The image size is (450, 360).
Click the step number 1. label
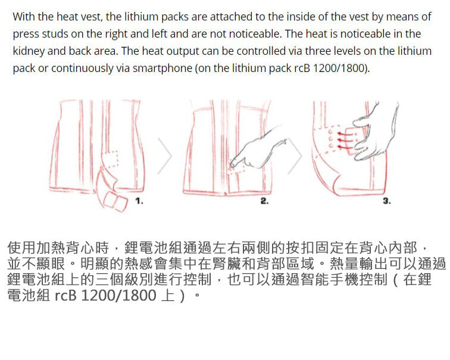tap(139, 201)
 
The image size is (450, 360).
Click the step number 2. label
tap(264, 201)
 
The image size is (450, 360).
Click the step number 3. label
tap(386, 201)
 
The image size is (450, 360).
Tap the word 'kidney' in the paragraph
tap(29, 51)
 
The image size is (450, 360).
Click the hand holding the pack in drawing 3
tap(373, 132)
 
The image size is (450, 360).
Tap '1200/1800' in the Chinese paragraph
tap(119, 296)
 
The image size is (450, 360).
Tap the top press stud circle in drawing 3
tap(330, 132)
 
